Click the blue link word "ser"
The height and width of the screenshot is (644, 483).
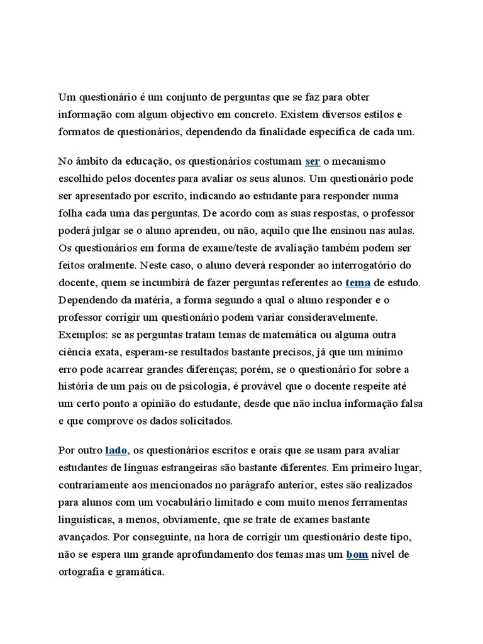pos(313,162)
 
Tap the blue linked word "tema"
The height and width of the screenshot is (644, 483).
pos(358,281)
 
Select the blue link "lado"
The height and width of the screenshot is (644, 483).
pos(116,451)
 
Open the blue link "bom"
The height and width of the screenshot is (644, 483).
pos(357,555)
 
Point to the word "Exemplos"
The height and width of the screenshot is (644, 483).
pos(77,334)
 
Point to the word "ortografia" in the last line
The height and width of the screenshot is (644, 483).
pos(84,573)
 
